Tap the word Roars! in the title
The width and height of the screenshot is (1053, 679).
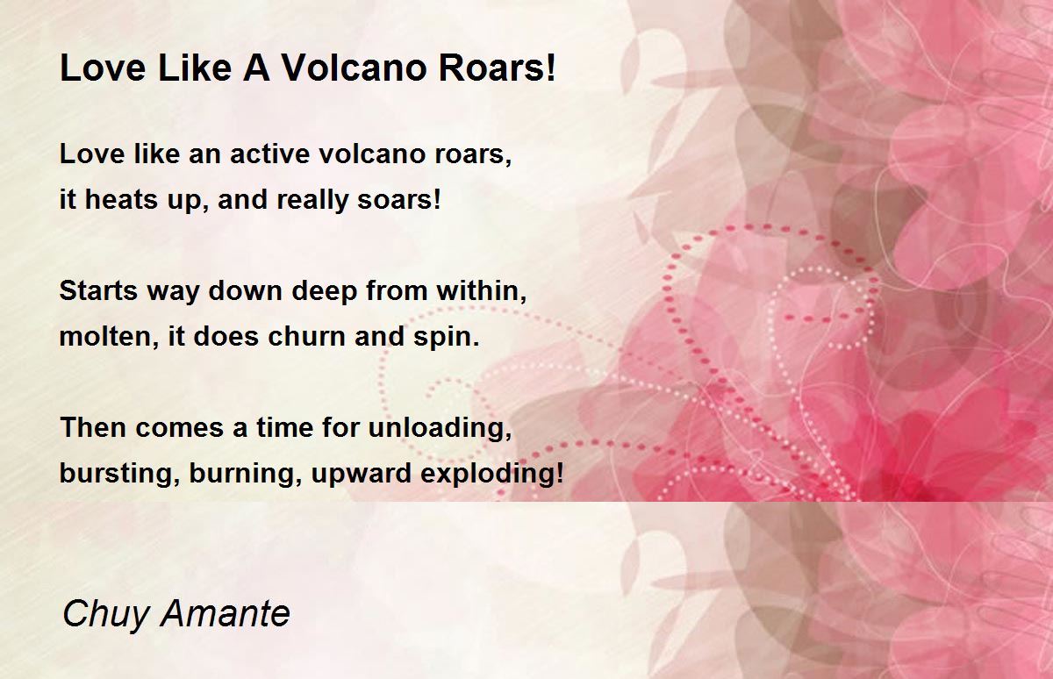coord(497,68)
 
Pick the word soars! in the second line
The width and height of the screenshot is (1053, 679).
coord(399,199)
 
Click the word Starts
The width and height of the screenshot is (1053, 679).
coord(98,290)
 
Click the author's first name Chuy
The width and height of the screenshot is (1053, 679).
coord(105,614)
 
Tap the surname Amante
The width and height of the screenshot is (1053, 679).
coord(226,613)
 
